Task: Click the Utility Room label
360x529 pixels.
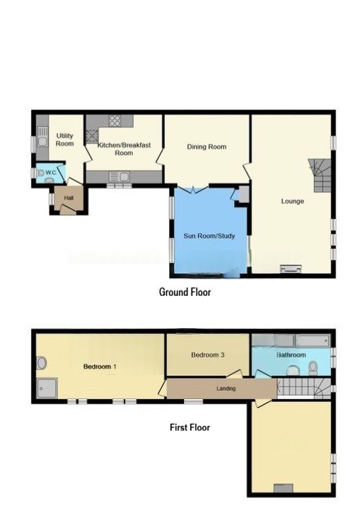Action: pos(65,139)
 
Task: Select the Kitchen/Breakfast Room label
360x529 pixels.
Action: pos(115,149)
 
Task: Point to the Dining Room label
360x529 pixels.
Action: pos(206,147)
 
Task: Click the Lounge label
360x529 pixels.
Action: pos(293,201)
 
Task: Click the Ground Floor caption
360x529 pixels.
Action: pos(185,292)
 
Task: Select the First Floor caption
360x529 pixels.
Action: pos(189,427)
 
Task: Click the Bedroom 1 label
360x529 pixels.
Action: pos(100,367)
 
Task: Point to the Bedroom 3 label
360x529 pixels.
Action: pos(208,355)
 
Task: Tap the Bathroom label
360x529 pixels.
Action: pos(291,355)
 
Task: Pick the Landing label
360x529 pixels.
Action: pos(225,388)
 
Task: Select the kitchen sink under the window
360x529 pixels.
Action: pos(119,177)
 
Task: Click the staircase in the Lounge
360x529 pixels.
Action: pos(320,173)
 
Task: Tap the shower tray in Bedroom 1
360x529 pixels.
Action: pos(48,387)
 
